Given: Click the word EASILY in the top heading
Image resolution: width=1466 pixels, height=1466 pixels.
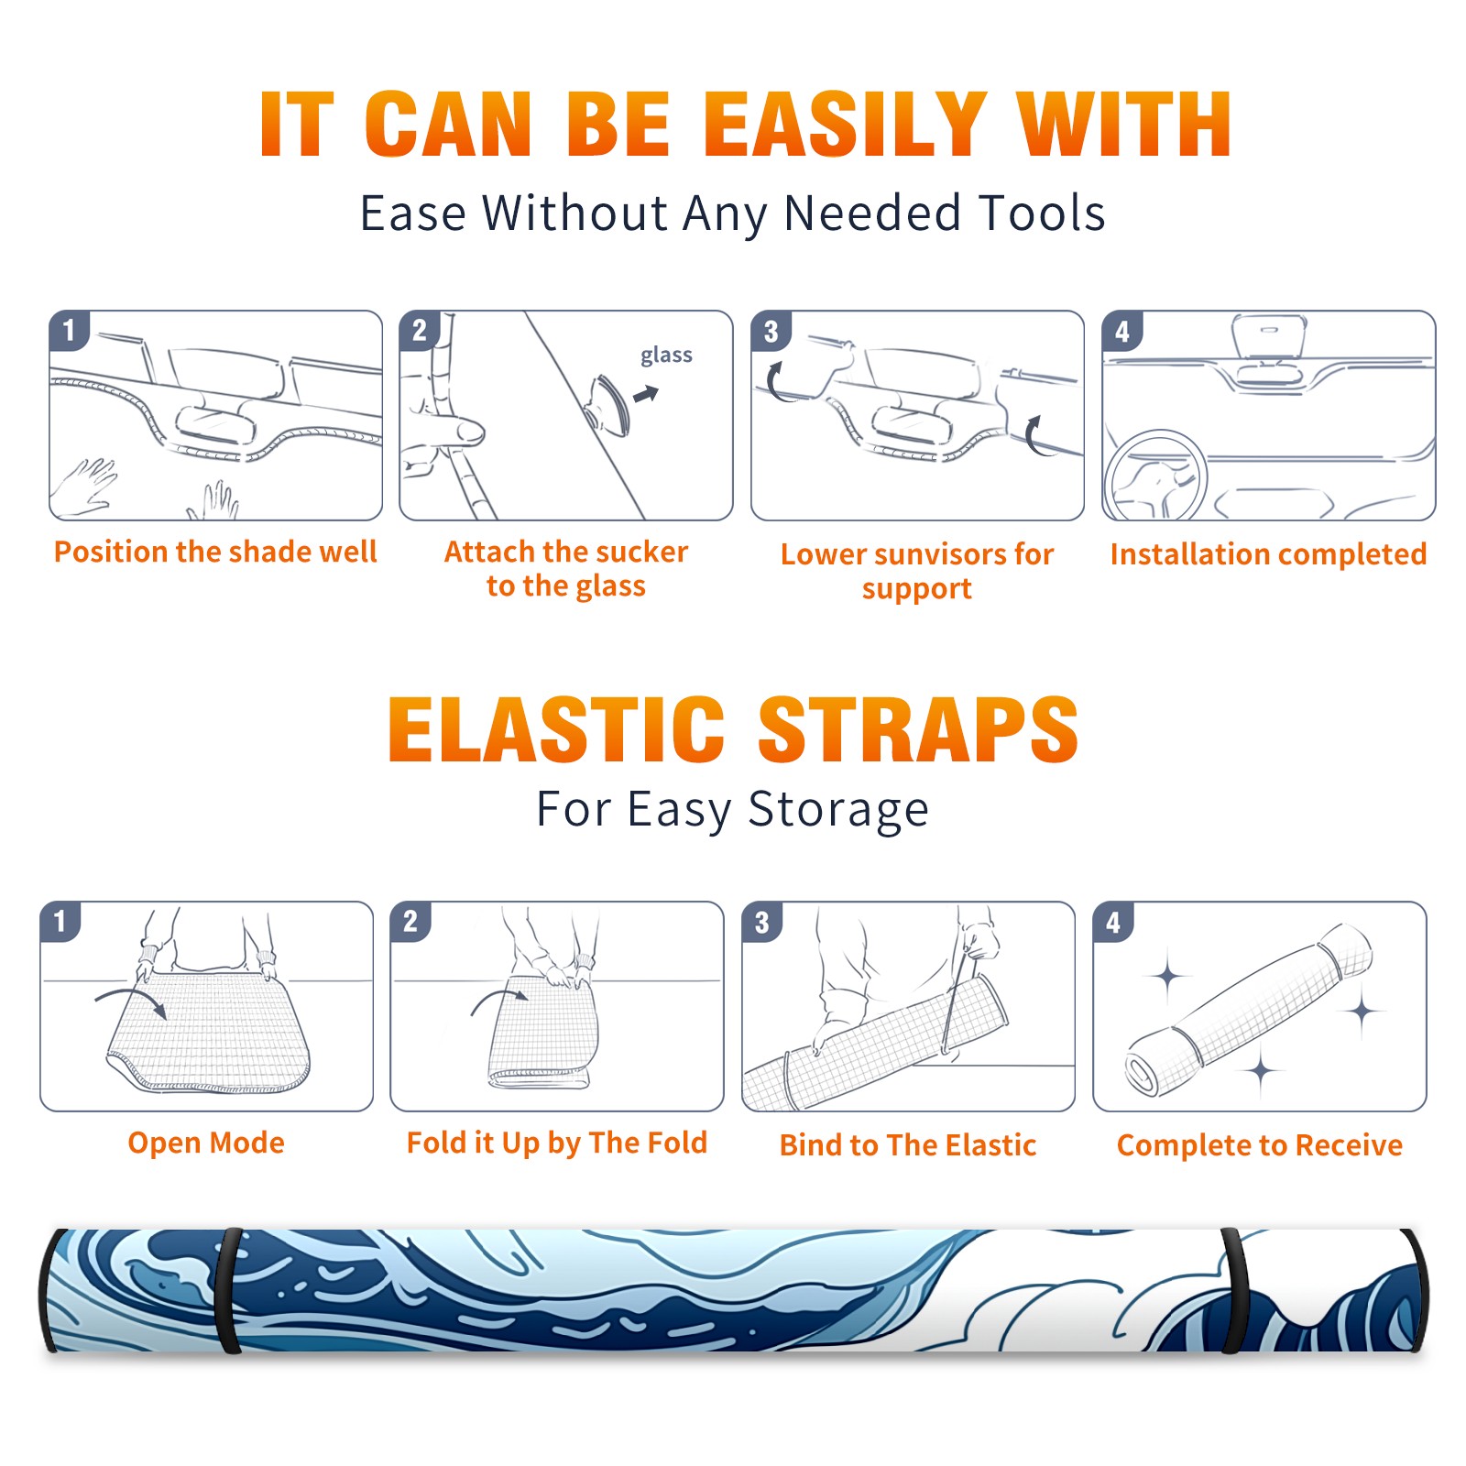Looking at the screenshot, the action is coord(844,125).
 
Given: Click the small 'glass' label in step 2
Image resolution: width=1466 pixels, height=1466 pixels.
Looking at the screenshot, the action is coord(666,356).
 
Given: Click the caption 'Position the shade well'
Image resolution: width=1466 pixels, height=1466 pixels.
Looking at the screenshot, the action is coord(215,552).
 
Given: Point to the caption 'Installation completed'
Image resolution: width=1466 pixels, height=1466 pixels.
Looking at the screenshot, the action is coord(1268,553).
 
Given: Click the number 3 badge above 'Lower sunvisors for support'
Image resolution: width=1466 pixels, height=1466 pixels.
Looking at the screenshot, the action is coord(771,331).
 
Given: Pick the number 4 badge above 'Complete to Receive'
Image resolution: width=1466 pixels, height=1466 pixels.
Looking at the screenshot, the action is coord(1113,922).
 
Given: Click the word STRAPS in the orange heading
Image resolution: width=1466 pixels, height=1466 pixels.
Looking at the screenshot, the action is coord(918,729).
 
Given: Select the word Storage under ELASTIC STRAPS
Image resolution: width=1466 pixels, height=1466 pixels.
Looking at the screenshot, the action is coord(838,810).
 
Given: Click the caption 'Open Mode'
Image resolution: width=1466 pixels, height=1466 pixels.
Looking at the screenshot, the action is coord(206,1143).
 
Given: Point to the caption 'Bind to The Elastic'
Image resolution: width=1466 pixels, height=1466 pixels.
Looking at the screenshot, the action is coord(908,1144).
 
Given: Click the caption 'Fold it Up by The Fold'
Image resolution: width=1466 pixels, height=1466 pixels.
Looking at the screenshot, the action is coord(557,1143).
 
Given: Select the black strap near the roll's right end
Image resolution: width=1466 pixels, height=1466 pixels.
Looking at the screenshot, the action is coord(1233,1290).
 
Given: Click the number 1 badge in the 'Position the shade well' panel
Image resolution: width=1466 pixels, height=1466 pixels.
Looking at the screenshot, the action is coord(69,331).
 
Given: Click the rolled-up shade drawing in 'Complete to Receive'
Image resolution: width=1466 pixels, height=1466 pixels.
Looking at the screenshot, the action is coord(1248,1010).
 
